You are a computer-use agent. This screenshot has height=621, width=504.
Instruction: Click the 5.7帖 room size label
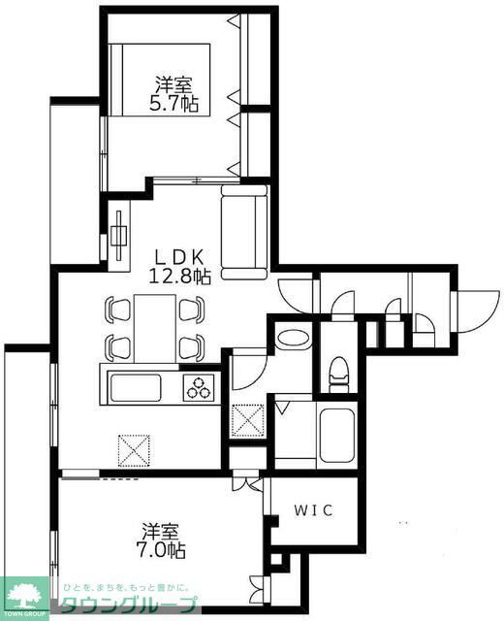(x=174, y=104)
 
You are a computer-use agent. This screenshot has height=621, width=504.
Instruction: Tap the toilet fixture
(x=338, y=371)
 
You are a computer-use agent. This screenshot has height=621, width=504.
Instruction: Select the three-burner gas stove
(x=202, y=388)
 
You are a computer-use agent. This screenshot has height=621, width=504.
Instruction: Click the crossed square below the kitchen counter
(x=133, y=449)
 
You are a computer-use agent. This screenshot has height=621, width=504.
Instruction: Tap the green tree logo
(x=26, y=594)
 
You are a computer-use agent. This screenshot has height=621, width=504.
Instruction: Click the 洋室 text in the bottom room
(x=161, y=532)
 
